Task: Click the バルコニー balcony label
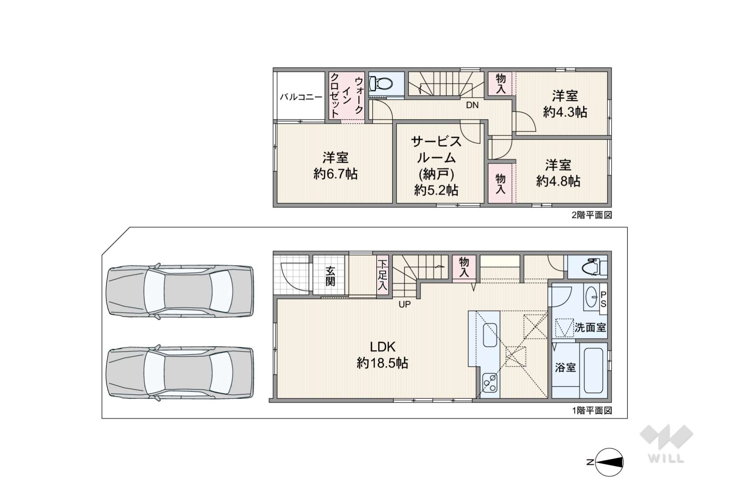301,97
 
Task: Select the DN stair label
472,105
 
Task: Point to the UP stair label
404,304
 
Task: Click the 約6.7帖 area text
335,174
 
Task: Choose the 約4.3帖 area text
565,112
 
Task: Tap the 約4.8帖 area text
558,181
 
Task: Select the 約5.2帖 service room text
436,190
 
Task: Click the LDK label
383,347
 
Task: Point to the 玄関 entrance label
330,276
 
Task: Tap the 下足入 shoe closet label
383,275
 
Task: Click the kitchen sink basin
490,335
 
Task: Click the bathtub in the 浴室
593,371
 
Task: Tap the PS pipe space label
603,299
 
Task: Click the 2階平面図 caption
591,215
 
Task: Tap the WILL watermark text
666,458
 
